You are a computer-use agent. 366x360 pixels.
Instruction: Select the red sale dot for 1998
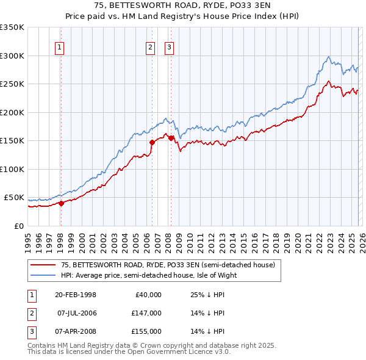click(x=61, y=204)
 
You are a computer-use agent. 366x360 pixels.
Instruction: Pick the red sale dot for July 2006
click(x=151, y=143)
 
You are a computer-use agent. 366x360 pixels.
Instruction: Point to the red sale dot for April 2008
click(x=170, y=139)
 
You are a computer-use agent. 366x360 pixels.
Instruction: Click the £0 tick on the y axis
click(x=20, y=226)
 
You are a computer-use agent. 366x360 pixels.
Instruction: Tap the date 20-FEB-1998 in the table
click(x=75, y=295)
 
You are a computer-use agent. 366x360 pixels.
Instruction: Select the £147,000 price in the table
click(x=146, y=313)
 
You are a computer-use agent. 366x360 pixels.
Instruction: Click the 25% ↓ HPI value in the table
click(x=204, y=295)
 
